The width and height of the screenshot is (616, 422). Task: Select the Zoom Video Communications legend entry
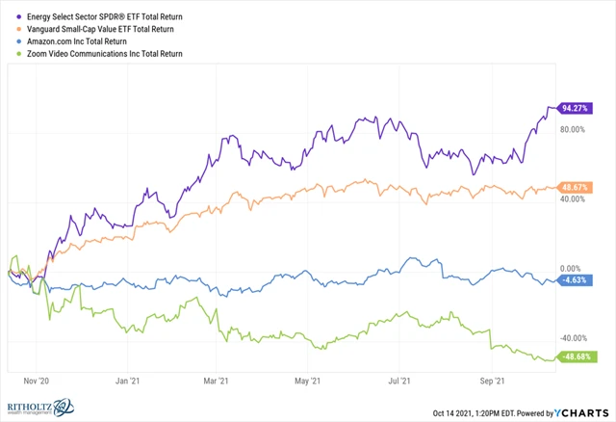coord(105,54)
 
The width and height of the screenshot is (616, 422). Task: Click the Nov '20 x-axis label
coord(36,381)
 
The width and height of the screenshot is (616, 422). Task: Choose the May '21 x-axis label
coord(308,381)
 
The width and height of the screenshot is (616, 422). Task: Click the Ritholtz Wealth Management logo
coord(43,408)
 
